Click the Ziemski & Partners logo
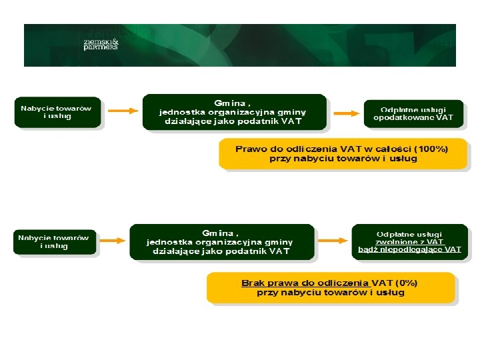pyautogui.click(x=101, y=43)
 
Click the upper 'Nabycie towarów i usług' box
pyautogui.click(x=57, y=112)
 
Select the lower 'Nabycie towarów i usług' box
pyautogui.click(x=54, y=241)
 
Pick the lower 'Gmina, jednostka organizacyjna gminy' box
pyautogui.click(x=221, y=241)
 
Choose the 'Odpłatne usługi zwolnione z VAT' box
pyautogui.click(x=409, y=241)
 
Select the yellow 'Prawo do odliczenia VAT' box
pyautogui.click(x=343, y=153)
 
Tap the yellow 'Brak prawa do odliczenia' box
pyautogui.click(x=331, y=287)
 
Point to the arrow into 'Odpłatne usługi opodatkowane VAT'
pyautogui.click(x=345, y=113)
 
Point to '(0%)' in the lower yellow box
pyautogui.click(x=411, y=283)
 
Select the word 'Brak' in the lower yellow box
pyautogui.click(x=253, y=283)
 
